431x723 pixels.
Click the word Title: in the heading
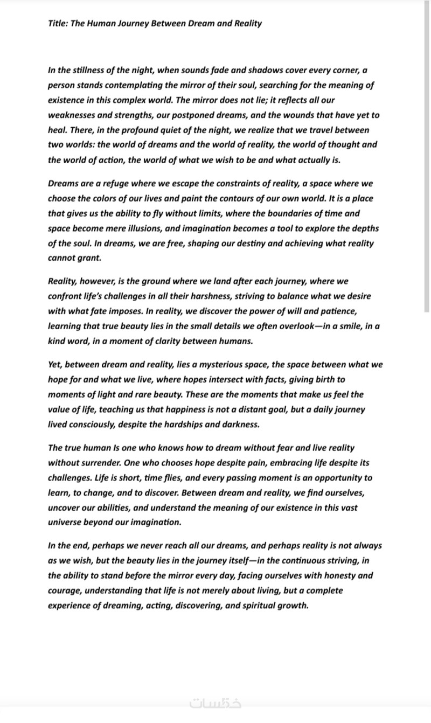pyautogui.click(x=58, y=23)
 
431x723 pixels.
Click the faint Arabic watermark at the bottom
pyautogui.click(x=215, y=704)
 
